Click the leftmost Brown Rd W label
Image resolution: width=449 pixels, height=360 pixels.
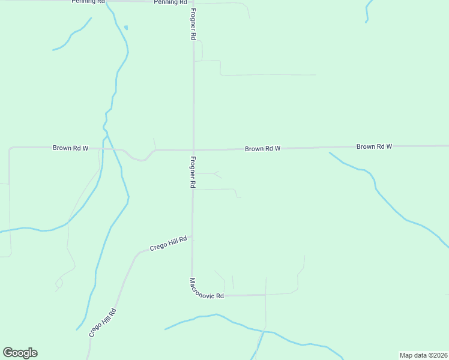71,148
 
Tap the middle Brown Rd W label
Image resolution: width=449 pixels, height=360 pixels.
262,148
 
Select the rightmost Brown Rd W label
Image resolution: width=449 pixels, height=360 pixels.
374,146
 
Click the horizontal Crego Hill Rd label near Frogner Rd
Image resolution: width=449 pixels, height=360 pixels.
169,244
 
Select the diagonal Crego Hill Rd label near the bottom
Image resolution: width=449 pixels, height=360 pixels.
102,322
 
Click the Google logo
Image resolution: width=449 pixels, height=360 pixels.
20,353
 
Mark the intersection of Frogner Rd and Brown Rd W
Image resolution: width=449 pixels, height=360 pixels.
193,149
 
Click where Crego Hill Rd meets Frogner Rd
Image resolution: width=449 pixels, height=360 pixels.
192,240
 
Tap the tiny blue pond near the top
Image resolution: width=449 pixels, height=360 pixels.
125,28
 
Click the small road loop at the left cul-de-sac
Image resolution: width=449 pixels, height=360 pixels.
59,282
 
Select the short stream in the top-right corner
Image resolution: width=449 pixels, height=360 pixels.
367,10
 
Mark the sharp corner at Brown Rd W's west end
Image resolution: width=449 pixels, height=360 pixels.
10,148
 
